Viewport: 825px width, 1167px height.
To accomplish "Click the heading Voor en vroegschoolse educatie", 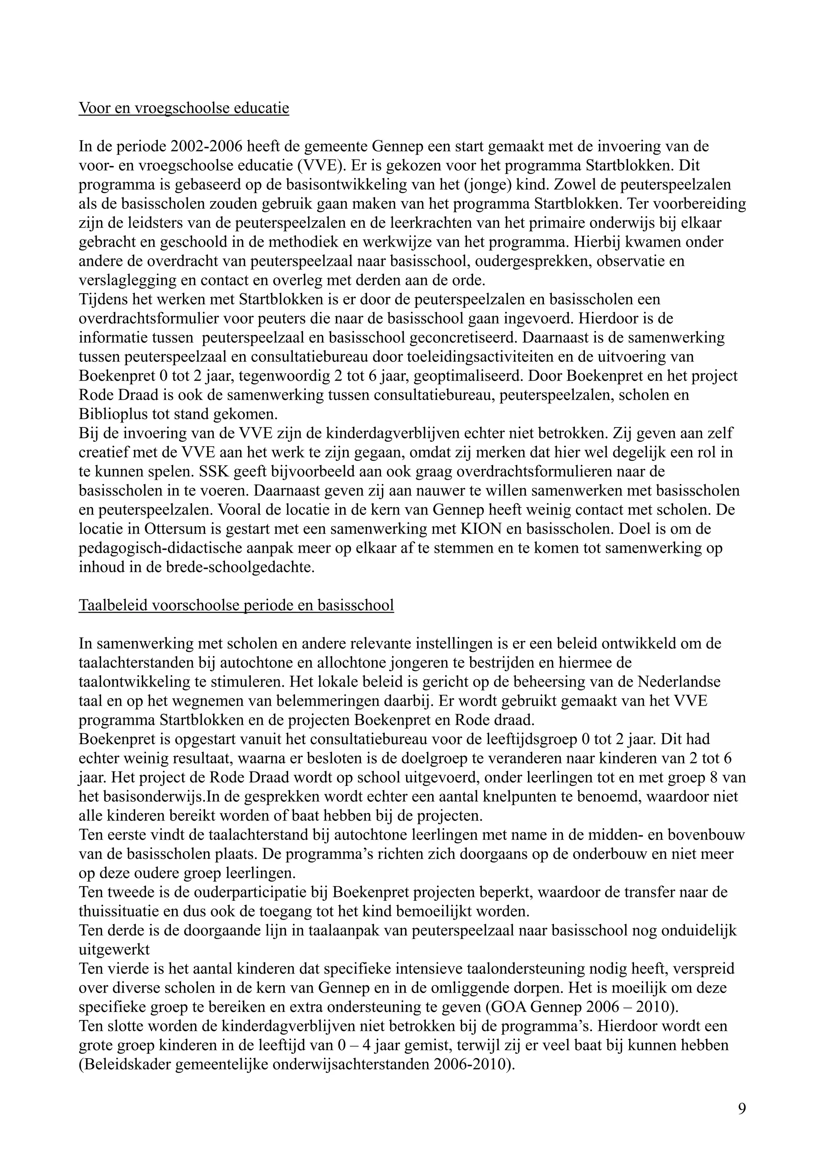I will click(184, 108).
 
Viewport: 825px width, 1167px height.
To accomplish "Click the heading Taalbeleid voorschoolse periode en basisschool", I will click(236, 605).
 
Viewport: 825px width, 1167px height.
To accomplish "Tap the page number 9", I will click(742, 1109).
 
